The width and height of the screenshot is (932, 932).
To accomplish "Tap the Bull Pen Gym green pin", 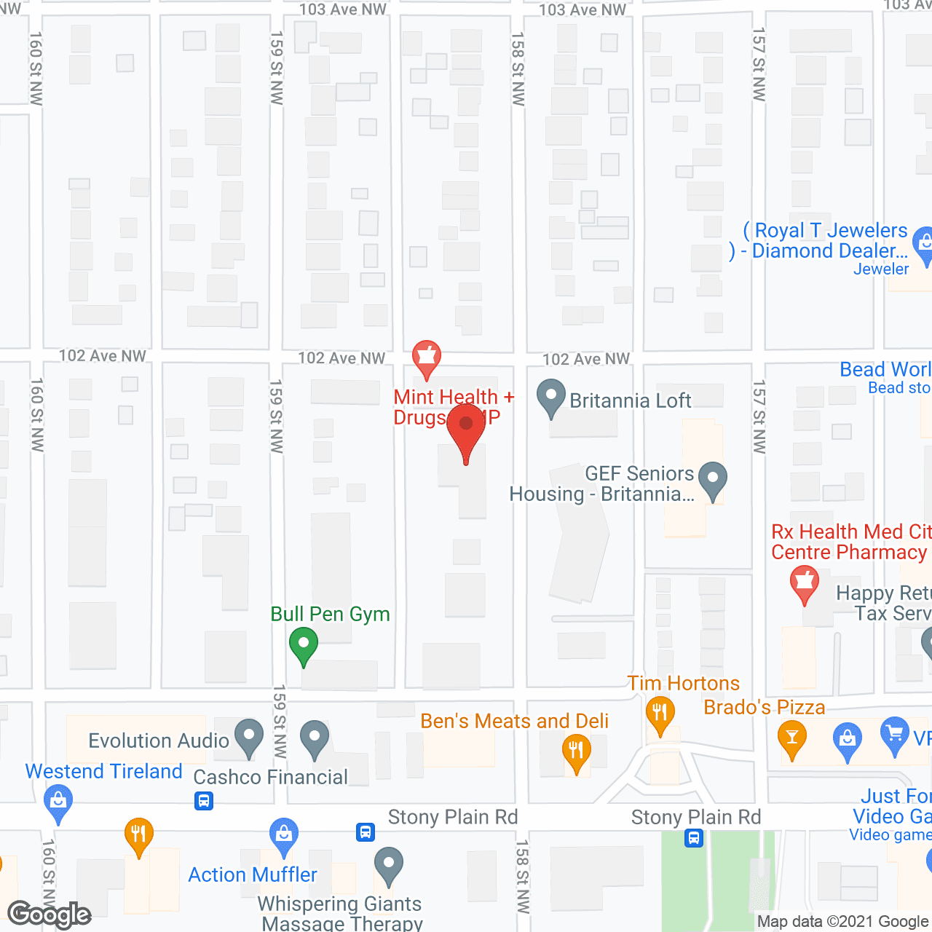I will coord(304,645).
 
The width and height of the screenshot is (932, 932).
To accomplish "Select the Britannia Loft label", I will coord(631,400).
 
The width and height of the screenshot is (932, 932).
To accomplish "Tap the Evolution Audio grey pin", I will coord(249,737).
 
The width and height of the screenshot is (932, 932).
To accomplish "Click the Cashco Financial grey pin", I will coord(315,738).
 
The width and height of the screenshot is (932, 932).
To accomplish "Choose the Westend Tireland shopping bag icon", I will coord(58,801).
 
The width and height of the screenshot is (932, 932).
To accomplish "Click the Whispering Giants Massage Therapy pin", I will coord(389,865).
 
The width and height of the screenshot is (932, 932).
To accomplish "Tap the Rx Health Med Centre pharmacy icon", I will coord(805,583).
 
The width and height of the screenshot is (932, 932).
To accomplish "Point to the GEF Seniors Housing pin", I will coord(713,481).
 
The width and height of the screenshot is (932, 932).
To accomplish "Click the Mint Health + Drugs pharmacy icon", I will coord(427,358).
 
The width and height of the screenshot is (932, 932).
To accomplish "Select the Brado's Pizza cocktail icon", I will coord(792,738).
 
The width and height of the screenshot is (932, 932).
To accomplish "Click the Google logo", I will coord(50,915).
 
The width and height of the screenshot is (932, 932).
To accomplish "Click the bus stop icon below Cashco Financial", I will coord(204,802).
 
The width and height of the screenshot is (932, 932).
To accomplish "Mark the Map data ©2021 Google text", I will coord(843,922).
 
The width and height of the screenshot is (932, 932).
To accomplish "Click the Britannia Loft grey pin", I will coord(551,397).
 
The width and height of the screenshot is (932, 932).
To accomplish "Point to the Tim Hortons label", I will coord(684,683).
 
